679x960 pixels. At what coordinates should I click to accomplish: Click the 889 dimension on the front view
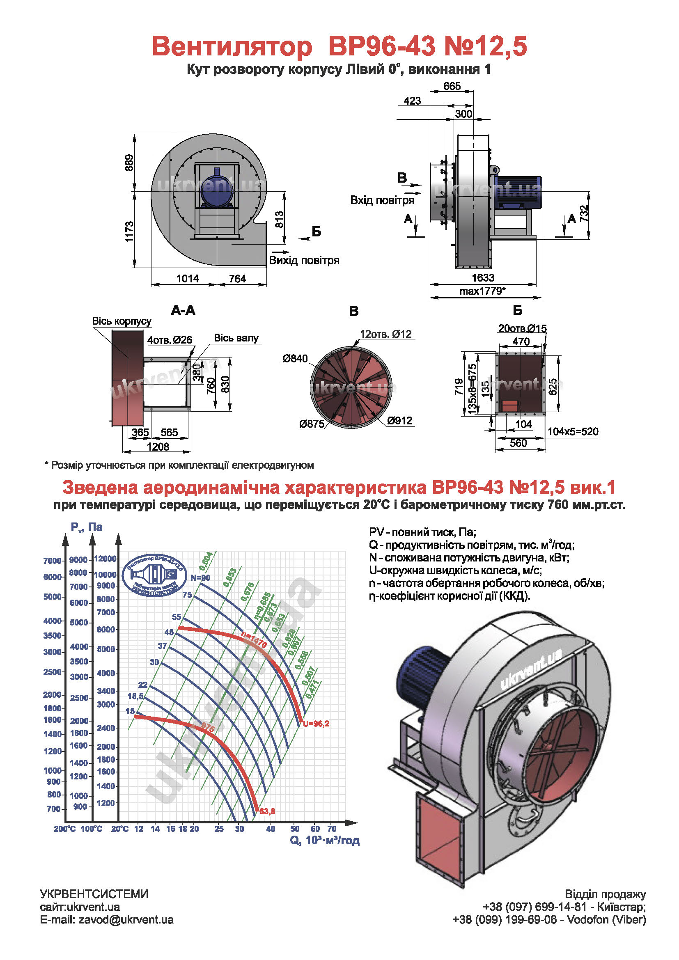(x=129, y=163)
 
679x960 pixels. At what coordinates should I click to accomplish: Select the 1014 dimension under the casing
(x=187, y=278)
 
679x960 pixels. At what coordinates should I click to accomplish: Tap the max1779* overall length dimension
(x=482, y=291)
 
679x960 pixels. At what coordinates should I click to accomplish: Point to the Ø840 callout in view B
(x=295, y=358)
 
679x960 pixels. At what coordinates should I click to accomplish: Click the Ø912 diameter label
(x=400, y=421)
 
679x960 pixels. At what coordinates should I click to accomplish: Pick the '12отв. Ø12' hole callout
(x=385, y=334)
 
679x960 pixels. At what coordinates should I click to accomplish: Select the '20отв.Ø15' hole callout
(x=522, y=329)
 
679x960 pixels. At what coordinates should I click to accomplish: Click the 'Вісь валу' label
(x=236, y=338)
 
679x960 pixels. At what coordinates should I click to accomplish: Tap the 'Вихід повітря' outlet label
(x=304, y=261)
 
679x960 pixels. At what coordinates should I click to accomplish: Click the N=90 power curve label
(x=200, y=578)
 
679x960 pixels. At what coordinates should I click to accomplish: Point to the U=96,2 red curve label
(x=316, y=724)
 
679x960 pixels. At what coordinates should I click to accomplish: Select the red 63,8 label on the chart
(x=267, y=811)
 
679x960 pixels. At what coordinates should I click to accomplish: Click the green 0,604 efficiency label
(x=206, y=561)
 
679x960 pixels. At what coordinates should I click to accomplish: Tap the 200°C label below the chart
(x=65, y=829)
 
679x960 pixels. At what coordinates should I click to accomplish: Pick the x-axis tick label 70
(x=332, y=829)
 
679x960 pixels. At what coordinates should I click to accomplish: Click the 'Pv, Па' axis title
(x=87, y=527)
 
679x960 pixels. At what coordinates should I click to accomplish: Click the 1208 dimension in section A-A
(x=158, y=447)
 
